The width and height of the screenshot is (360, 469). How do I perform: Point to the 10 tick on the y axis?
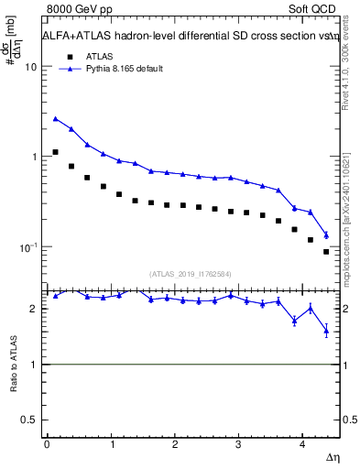31,68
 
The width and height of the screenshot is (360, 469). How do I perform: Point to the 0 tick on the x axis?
46,444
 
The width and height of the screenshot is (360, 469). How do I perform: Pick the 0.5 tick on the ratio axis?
30,420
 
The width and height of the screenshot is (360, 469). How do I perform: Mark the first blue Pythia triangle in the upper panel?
55,118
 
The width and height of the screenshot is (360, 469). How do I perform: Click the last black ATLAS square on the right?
326,252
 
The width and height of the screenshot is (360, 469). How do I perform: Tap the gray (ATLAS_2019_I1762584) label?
191,272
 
